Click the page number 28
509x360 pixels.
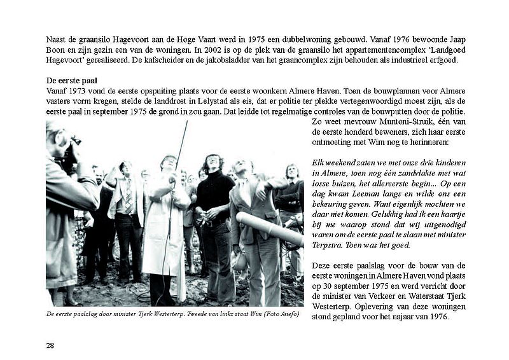click(x=50, y=345)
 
